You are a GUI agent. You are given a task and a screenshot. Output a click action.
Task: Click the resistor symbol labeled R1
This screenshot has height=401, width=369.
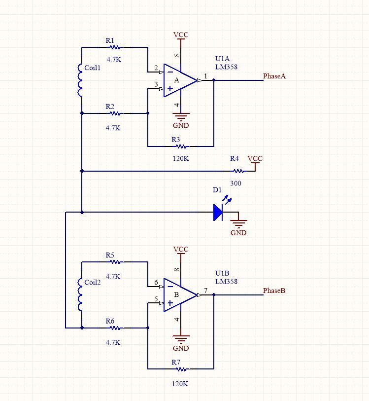(115, 48)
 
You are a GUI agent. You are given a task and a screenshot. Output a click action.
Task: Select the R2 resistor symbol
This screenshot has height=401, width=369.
(115, 113)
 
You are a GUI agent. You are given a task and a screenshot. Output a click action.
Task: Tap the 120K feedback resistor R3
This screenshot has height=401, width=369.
(181, 146)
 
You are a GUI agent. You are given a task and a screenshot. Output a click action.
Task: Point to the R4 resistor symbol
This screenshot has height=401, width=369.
(238, 171)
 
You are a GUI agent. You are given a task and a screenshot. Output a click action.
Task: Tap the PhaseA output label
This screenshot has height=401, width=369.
(274, 76)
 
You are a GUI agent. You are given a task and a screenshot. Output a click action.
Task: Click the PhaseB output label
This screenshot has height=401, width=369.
(274, 291)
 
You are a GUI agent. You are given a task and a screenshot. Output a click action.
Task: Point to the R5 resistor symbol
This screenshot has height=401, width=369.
(115, 262)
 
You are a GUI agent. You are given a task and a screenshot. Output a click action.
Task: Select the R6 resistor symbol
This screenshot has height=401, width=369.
(115, 328)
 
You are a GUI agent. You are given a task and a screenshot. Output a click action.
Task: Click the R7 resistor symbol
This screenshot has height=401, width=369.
(181, 369)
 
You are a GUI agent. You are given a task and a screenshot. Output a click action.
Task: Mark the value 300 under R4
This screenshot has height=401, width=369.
(235, 183)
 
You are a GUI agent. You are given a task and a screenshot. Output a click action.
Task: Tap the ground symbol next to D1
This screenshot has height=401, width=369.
(238, 223)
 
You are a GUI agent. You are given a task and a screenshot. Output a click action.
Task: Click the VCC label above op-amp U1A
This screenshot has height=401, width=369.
(181, 35)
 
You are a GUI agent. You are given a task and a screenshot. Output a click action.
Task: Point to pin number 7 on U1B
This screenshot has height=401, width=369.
(206, 290)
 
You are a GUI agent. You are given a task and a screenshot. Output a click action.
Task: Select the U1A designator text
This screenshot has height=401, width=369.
(223, 59)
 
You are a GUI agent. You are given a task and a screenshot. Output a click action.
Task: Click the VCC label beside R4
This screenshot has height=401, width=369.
(255, 159)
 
